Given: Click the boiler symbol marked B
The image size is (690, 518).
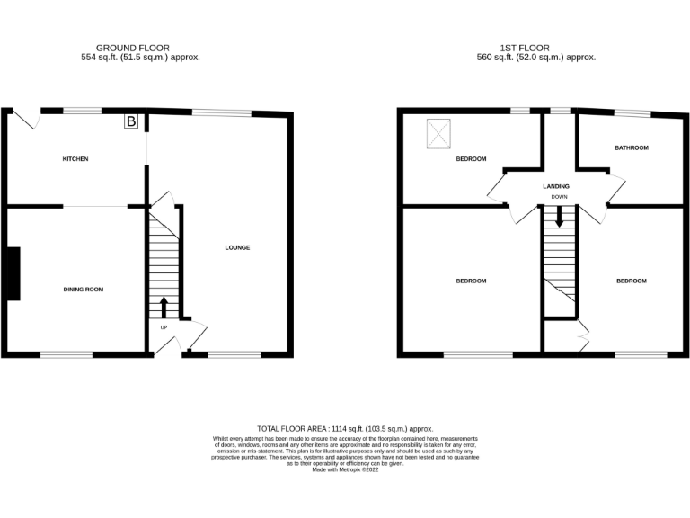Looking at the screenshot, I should tap(131, 121).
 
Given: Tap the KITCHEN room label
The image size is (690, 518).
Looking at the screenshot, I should tap(75, 159).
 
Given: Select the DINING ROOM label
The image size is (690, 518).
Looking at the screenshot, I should tap(84, 290).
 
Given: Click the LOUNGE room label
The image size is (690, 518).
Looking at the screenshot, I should tap(237, 248).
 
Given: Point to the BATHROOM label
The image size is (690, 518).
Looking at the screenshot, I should tap(631, 147).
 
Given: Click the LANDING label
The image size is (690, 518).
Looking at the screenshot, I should tap(556, 186).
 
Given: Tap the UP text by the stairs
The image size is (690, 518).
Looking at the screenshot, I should tap(163, 327).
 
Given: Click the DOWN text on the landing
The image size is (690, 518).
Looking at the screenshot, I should tap(559, 196).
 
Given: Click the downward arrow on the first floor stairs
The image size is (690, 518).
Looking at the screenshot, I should tap(559, 216).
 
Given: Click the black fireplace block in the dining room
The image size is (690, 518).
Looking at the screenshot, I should tap(12, 273).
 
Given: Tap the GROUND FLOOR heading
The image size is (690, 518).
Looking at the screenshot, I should tap(133, 49).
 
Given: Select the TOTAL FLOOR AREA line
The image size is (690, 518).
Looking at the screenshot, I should tap(345, 430).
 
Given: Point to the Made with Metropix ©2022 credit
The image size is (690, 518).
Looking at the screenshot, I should tap(345, 469).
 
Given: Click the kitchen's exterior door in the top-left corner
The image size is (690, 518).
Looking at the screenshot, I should tap(28, 118).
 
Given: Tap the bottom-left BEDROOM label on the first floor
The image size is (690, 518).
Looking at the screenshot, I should tap(471, 281).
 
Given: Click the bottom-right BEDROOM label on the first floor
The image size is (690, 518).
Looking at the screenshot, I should tap(631, 281).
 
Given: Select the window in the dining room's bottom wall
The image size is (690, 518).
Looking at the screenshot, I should tap(66, 353).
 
